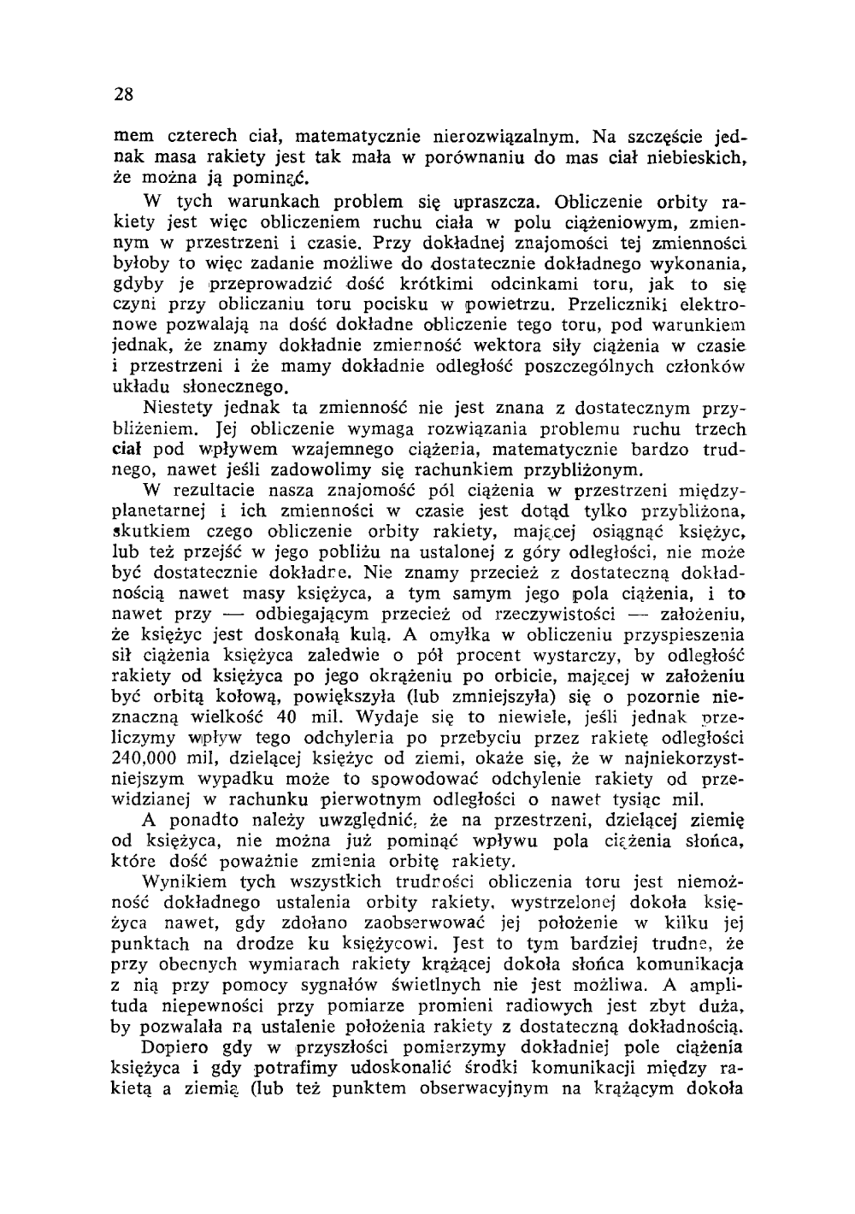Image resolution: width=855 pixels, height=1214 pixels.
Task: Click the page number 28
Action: pos(123,95)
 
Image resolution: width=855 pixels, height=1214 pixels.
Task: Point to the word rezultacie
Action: pos(221,491)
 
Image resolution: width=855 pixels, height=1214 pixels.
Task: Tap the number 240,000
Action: pos(147,758)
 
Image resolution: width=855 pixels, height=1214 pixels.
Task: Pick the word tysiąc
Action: pos(639,800)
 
